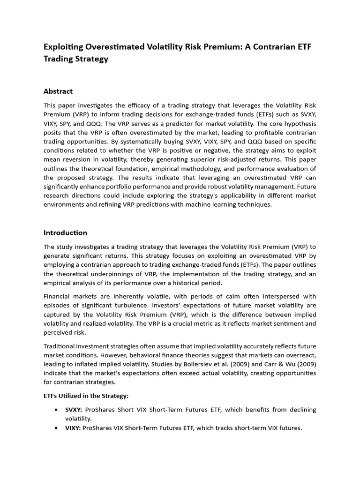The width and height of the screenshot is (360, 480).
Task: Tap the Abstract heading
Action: (58, 91)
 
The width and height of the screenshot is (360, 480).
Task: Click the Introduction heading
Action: (65, 232)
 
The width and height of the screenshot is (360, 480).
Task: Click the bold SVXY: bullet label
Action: (74, 410)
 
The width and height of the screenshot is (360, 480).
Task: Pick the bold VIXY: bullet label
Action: (73, 427)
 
